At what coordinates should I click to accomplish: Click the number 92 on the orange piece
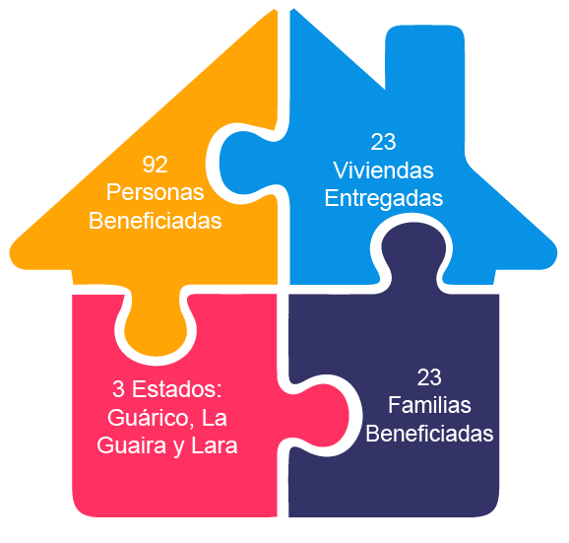[x=155, y=165]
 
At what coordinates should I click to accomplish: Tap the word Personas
[x=155, y=192]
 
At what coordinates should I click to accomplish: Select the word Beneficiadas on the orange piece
[x=155, y=221]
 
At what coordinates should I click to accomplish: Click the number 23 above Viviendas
[x=383, y=142]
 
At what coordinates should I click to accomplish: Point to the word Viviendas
[x=383, y=170]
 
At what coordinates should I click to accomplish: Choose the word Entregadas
[x=384, y=198]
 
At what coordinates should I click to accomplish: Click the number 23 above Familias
[x=429, y=377]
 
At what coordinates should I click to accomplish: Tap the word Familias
[x=429, y=405]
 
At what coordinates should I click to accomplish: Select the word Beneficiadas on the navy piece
[x=429, y=434]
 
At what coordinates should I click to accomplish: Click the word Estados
[x=177, y=389]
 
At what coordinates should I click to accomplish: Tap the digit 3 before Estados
[x=119, y=389]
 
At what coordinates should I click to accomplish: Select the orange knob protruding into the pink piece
[x=157, y=323]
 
